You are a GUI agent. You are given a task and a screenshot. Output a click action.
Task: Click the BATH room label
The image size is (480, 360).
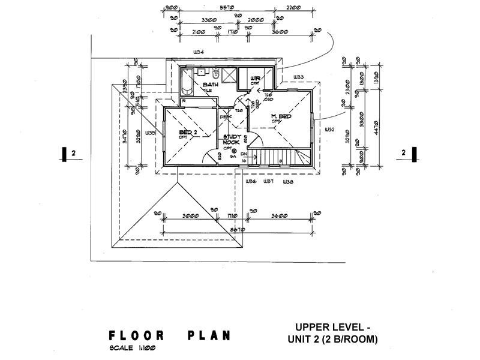click(210, 85)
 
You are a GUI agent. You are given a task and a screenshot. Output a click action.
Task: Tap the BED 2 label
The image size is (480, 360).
click(187, 132)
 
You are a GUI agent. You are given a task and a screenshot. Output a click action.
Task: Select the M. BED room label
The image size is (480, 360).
click(281, 116)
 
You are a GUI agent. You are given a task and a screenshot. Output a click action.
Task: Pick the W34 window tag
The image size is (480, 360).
click(199, 52)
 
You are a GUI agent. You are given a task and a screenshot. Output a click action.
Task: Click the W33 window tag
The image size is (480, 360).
click(298, 77)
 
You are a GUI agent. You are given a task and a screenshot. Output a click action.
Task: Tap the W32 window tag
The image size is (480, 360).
click(329, 129)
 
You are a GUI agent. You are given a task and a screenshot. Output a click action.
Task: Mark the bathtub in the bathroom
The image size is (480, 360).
click(185, 85)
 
